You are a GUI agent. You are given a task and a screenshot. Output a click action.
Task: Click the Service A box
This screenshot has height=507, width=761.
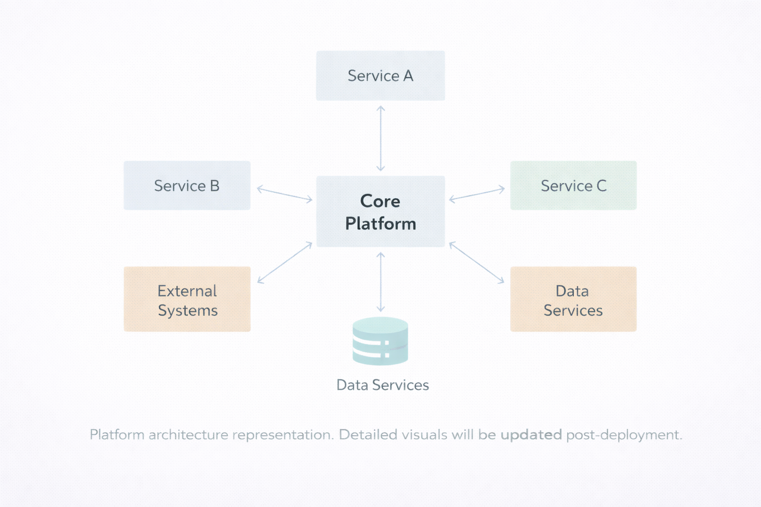pos(380,76)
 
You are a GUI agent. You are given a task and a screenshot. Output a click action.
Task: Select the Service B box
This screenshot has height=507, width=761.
pos(187,186)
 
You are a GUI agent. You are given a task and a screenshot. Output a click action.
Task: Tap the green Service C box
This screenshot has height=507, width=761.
pos(573,186)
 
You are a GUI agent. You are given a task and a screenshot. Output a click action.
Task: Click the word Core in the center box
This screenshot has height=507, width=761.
pos(380,201)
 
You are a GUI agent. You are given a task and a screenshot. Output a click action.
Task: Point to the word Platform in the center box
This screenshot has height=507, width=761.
pos(380,224)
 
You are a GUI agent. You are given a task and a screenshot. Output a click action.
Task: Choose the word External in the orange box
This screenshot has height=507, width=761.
pos(187,291)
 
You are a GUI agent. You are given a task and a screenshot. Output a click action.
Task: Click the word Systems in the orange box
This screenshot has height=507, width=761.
pos(188,310)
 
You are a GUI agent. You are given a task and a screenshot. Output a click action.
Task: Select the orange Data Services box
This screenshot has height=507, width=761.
pos(573,300)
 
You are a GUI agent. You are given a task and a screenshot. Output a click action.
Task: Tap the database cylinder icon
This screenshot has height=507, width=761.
pos(380,341)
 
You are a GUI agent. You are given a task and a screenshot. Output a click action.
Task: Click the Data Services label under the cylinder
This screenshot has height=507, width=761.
pos(382,385)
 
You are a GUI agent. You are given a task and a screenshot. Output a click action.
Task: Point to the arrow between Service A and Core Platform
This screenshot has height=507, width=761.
pos(380,138)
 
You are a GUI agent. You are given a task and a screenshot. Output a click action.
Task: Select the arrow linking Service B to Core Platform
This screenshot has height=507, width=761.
pos(284,194)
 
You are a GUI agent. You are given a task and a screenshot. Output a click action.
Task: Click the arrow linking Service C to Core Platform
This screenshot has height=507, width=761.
pos(477,194)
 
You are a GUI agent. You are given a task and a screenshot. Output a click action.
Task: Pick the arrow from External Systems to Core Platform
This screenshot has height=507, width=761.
pos(285,263)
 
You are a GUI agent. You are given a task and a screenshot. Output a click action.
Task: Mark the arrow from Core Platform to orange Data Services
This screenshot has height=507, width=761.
pos(477,263)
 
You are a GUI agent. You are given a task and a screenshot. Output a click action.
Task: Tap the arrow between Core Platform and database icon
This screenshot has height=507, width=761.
pos(380,282)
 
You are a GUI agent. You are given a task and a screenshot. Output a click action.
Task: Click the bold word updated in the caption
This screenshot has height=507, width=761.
pos(531,435)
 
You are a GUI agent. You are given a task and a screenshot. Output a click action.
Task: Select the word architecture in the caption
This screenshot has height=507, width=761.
pos(189,435)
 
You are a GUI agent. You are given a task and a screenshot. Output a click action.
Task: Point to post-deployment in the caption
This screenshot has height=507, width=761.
pos(624,435)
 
